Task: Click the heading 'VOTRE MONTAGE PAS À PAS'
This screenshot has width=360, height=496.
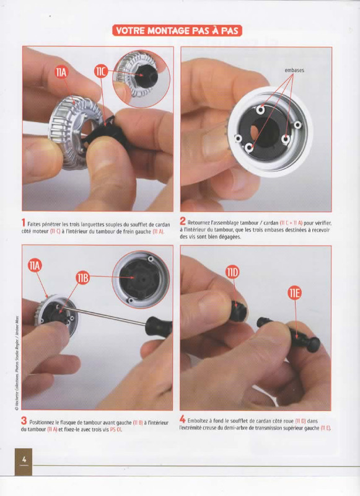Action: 177,30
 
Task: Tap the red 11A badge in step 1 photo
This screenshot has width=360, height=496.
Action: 61,73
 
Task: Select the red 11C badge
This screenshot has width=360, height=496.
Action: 101,72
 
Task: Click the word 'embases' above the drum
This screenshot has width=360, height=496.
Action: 294,70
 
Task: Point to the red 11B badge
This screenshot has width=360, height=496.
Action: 82,278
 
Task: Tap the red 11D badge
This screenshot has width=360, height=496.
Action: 232,273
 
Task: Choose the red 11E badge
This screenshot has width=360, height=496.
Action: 294,293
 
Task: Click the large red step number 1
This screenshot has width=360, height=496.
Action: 23,223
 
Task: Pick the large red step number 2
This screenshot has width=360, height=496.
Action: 182,221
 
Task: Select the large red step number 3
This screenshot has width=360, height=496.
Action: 24,421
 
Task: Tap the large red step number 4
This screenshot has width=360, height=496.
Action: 182,419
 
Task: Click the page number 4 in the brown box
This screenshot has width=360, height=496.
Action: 24,459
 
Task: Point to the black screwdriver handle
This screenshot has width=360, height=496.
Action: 159,327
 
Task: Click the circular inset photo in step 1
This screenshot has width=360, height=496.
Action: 141,78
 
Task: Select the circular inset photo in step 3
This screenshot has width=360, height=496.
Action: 141,280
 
